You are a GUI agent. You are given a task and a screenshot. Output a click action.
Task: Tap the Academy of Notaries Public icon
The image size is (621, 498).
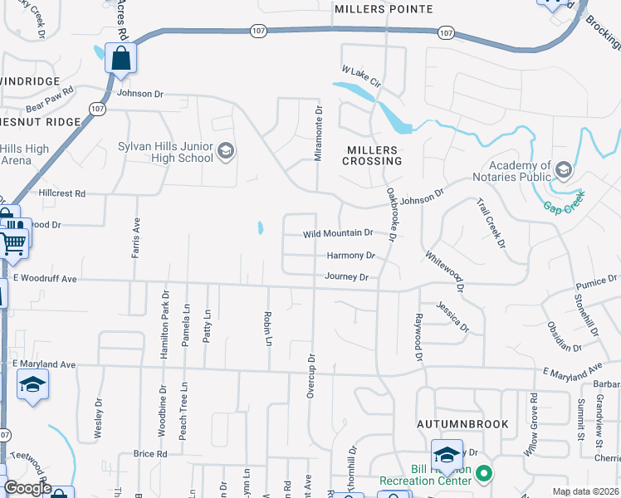(x=564, y=171)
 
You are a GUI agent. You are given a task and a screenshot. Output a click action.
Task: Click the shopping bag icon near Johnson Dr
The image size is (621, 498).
(x=120, y=59)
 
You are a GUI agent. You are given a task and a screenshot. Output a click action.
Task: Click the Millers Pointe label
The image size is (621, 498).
(x=384, y=9)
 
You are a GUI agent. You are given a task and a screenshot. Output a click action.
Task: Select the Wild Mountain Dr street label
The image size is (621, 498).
(x=337, y=234)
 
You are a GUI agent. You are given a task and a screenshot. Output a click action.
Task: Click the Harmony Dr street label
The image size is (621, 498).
(x=350, y=256)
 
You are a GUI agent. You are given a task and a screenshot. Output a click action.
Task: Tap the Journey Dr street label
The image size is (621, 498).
(x=346, y=276)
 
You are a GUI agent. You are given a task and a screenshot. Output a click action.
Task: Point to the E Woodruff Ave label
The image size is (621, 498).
(x=45, y=280)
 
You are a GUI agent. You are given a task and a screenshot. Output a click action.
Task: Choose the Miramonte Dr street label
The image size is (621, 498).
(x=317, y=134)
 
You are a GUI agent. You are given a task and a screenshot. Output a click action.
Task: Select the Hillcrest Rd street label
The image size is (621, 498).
(x=62, y=193)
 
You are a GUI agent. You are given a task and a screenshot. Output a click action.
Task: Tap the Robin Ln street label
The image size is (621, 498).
(x=268, y=330)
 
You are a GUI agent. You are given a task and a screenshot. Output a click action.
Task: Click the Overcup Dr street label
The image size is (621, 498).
(x=311, y=375)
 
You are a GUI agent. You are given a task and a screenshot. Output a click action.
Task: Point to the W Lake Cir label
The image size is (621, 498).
(x=360, y=77)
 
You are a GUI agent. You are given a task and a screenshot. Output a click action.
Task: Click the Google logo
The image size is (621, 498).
(x=27, y=488)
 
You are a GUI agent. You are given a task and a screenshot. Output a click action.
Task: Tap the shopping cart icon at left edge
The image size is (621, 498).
(x=14, y=242)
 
